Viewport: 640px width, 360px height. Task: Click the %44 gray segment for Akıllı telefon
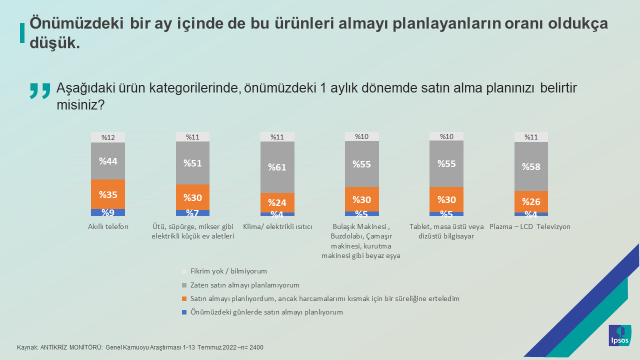pos(108,161)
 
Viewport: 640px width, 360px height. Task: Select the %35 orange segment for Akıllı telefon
pos(108,194)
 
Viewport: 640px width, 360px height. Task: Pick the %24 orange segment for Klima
pos(277,201)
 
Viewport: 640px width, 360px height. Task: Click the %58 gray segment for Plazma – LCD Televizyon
pos(531,165)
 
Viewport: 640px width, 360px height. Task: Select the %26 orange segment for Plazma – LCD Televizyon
pos(531,200)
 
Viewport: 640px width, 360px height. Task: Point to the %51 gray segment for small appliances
pos(192,163)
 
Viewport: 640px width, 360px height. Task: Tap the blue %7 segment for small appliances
pos(192,213)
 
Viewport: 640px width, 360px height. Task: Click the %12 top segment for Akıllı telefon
pos(108,137)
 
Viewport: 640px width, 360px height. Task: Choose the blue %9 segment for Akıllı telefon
pos(108,213)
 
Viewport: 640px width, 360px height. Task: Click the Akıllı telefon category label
pos(108,227)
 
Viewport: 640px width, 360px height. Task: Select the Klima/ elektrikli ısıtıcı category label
pos(277,227)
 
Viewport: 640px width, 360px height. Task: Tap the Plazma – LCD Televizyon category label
pos(531,227)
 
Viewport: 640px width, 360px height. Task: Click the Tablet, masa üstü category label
pos(447,231)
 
